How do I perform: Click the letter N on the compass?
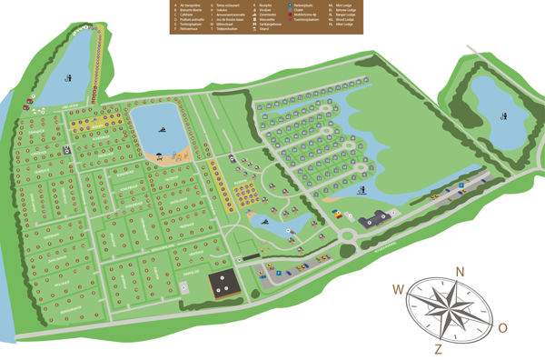[461, 271]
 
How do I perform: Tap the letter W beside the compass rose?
[398, 290]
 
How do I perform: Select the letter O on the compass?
[502, 327]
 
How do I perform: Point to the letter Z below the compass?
[439, 348]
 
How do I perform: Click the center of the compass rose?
[451, 309]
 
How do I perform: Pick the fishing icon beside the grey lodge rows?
[364, 190]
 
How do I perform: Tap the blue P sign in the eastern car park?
[461, 185]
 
